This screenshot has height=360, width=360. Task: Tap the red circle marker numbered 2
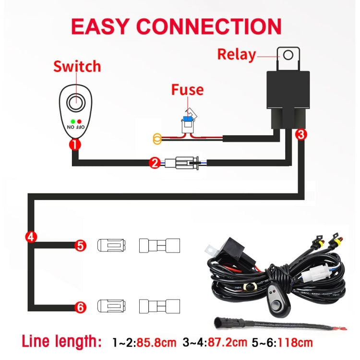click(x=154, y=163)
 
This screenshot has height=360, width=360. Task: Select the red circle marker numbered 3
click(x=300, y=135)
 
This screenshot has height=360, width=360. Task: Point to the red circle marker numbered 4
click(x=30, y=236)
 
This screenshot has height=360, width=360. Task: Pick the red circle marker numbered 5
click(x=81, y=246)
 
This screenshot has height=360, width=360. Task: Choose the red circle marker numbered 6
click(x=81, y=306)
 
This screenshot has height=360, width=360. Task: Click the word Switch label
click(x=77, y=66)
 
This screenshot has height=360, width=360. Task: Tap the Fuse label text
click(x=187, y=90)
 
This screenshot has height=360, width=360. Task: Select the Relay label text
click(x=236, y=54)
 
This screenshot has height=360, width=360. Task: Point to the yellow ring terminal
click(x=156, y=140)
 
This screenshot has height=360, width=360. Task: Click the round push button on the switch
click(x=74, y=102)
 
